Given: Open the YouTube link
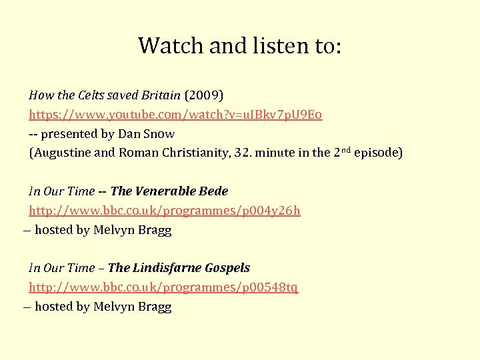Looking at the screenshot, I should tap(175, 114).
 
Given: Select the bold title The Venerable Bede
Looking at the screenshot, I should tap(169, 191).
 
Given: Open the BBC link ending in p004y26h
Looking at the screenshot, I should tap(164, 211).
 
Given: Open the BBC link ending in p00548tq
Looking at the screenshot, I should tap(163, 287).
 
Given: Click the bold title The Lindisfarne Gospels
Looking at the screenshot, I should tap(179, 268).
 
